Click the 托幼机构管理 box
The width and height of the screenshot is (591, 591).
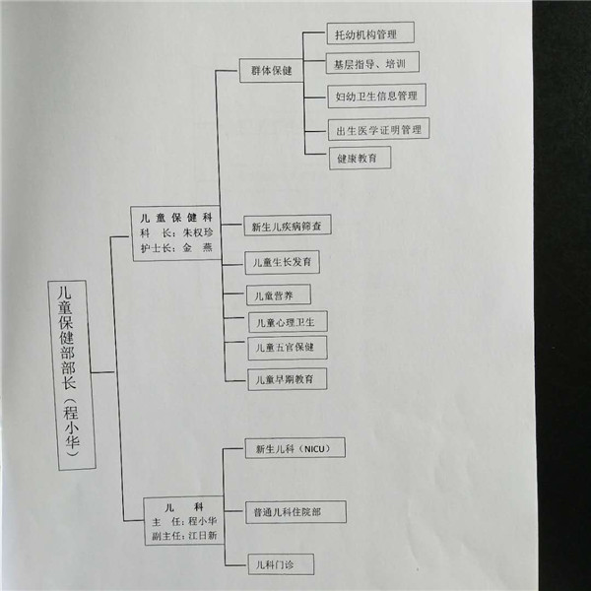[370, 33]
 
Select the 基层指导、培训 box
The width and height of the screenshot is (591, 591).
[372, 63]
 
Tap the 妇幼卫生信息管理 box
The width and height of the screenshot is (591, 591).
[376, 96]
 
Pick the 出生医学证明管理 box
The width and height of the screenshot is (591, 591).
[378, 129]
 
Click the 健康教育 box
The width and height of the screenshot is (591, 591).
[360, 158]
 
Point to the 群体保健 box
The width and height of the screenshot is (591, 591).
[272, 70]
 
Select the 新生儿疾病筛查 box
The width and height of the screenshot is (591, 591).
[288, 226]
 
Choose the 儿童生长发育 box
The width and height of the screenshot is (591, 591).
[283, 262]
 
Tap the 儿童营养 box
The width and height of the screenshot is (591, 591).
[279, 295]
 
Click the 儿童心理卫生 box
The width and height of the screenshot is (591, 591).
[288, 321]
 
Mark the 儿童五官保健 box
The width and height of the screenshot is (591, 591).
[288, 348]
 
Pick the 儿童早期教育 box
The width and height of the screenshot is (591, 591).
[287, 379]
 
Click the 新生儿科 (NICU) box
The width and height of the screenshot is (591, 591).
[295, 448]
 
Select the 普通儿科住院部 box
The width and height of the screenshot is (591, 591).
[295, 512]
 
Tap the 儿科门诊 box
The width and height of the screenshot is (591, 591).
[281, 564]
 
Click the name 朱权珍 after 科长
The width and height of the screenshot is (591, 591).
[198, 232]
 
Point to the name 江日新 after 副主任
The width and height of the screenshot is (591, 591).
[202, 535]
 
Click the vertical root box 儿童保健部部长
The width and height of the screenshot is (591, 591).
[72, 375]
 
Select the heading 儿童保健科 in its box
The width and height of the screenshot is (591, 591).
[176, 218]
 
